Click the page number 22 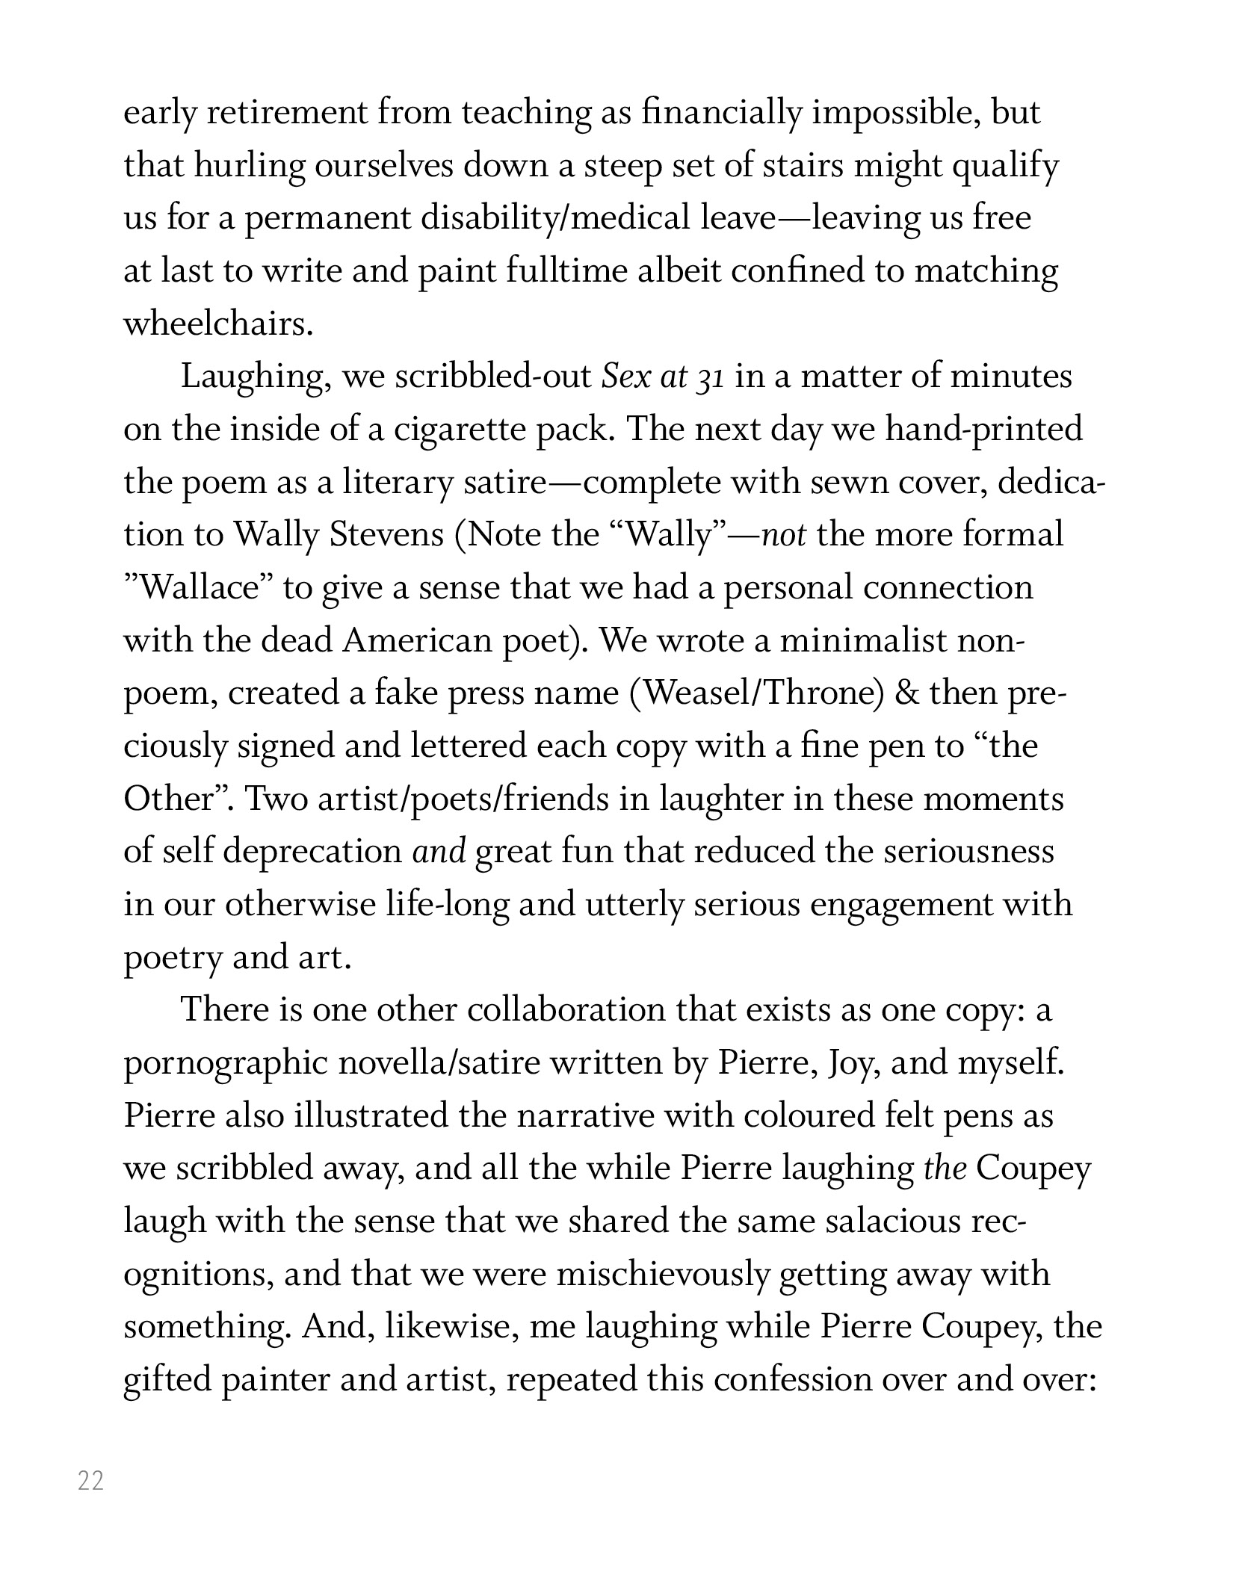[90, 1481]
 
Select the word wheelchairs [217, 324]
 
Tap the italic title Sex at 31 [663, 377]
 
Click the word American [415, 641]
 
